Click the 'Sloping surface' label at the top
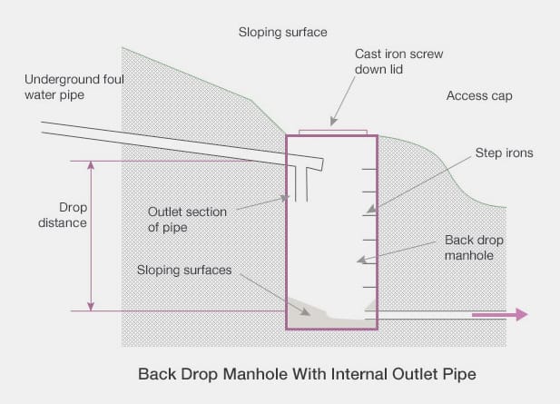point(282,32)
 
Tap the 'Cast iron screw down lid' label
point(398,62)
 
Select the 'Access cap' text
point(479,95)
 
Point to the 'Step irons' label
point(504,153)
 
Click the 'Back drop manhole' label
point(474,248)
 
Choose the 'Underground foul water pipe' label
point(74,87)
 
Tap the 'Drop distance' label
point(63,215)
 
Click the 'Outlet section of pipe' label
point(187,220)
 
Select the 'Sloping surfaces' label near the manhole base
point(184,270)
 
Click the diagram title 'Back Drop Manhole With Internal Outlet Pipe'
point(307,374)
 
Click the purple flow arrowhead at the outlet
point(522,315)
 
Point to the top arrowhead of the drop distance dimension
point(91,164)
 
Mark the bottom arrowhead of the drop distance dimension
point(91,307)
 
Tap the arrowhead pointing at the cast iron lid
point(333,122)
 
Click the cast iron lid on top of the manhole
point(333,133)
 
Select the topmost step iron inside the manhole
point(369,169)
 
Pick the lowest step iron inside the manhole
point(370,287)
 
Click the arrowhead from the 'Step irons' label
point(372,210)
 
